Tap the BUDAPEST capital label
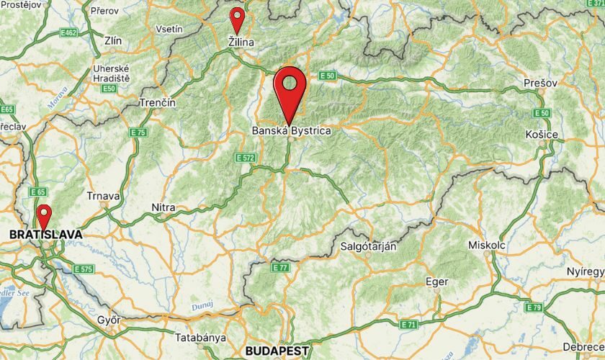277,351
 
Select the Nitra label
163,208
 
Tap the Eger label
437,282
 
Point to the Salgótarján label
368,246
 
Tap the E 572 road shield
246,157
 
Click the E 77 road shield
280,268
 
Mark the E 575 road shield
83,269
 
